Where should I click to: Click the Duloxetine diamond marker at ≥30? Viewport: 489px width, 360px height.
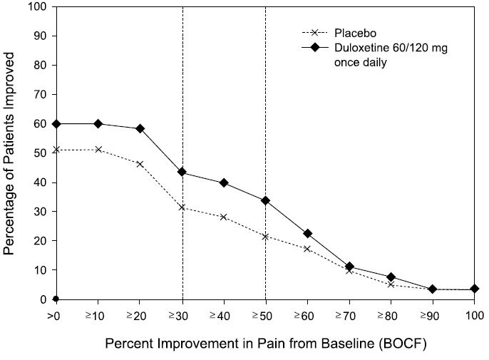pyautogui.click(x=182, y=173)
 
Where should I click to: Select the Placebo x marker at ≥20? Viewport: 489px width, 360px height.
pyautogui.click(x=140, y=164)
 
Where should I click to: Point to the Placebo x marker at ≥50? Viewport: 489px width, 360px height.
pyautogui.click(x=265, y=237)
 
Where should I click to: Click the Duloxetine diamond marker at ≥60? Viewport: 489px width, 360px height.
pyautogui.click(x=307, y=234)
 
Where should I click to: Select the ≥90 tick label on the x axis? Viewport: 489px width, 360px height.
pyautogui.click(x=432, y=314)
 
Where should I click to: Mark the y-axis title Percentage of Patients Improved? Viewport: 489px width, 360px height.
pyautogui.click(x=10, y=153)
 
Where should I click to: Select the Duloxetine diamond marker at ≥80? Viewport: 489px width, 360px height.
pyautogui.click(x=391, y=277)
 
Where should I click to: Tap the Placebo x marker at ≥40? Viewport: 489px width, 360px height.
pyautogui.click(x=224, y=217)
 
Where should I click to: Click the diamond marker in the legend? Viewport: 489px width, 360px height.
pyautogui.click(x=310, y=48)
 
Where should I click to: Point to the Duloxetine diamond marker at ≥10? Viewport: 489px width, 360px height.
pyautogui.click(x=98, y=124)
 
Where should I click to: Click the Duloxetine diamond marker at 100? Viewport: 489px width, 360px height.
pyautogui.click(x=474, y=289)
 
